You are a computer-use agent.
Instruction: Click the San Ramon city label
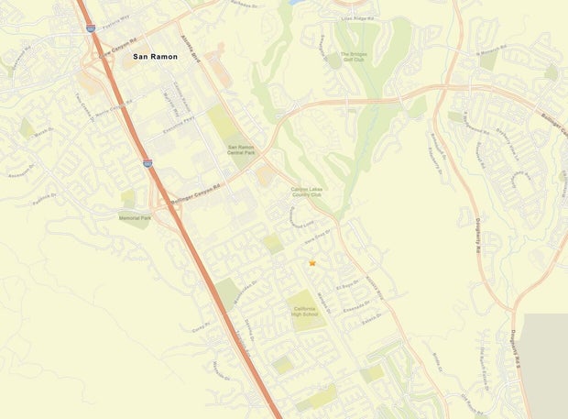[x=156, y=57]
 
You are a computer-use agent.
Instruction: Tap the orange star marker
[x=312, y=263]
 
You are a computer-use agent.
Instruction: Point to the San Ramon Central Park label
[x=240, y=149]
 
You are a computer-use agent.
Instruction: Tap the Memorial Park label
[x=134, y=218]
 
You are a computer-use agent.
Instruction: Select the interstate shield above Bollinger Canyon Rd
[x=147, y=163]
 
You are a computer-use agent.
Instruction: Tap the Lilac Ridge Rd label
[x=359, y=17]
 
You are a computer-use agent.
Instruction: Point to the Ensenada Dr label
[x=352, y=310]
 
